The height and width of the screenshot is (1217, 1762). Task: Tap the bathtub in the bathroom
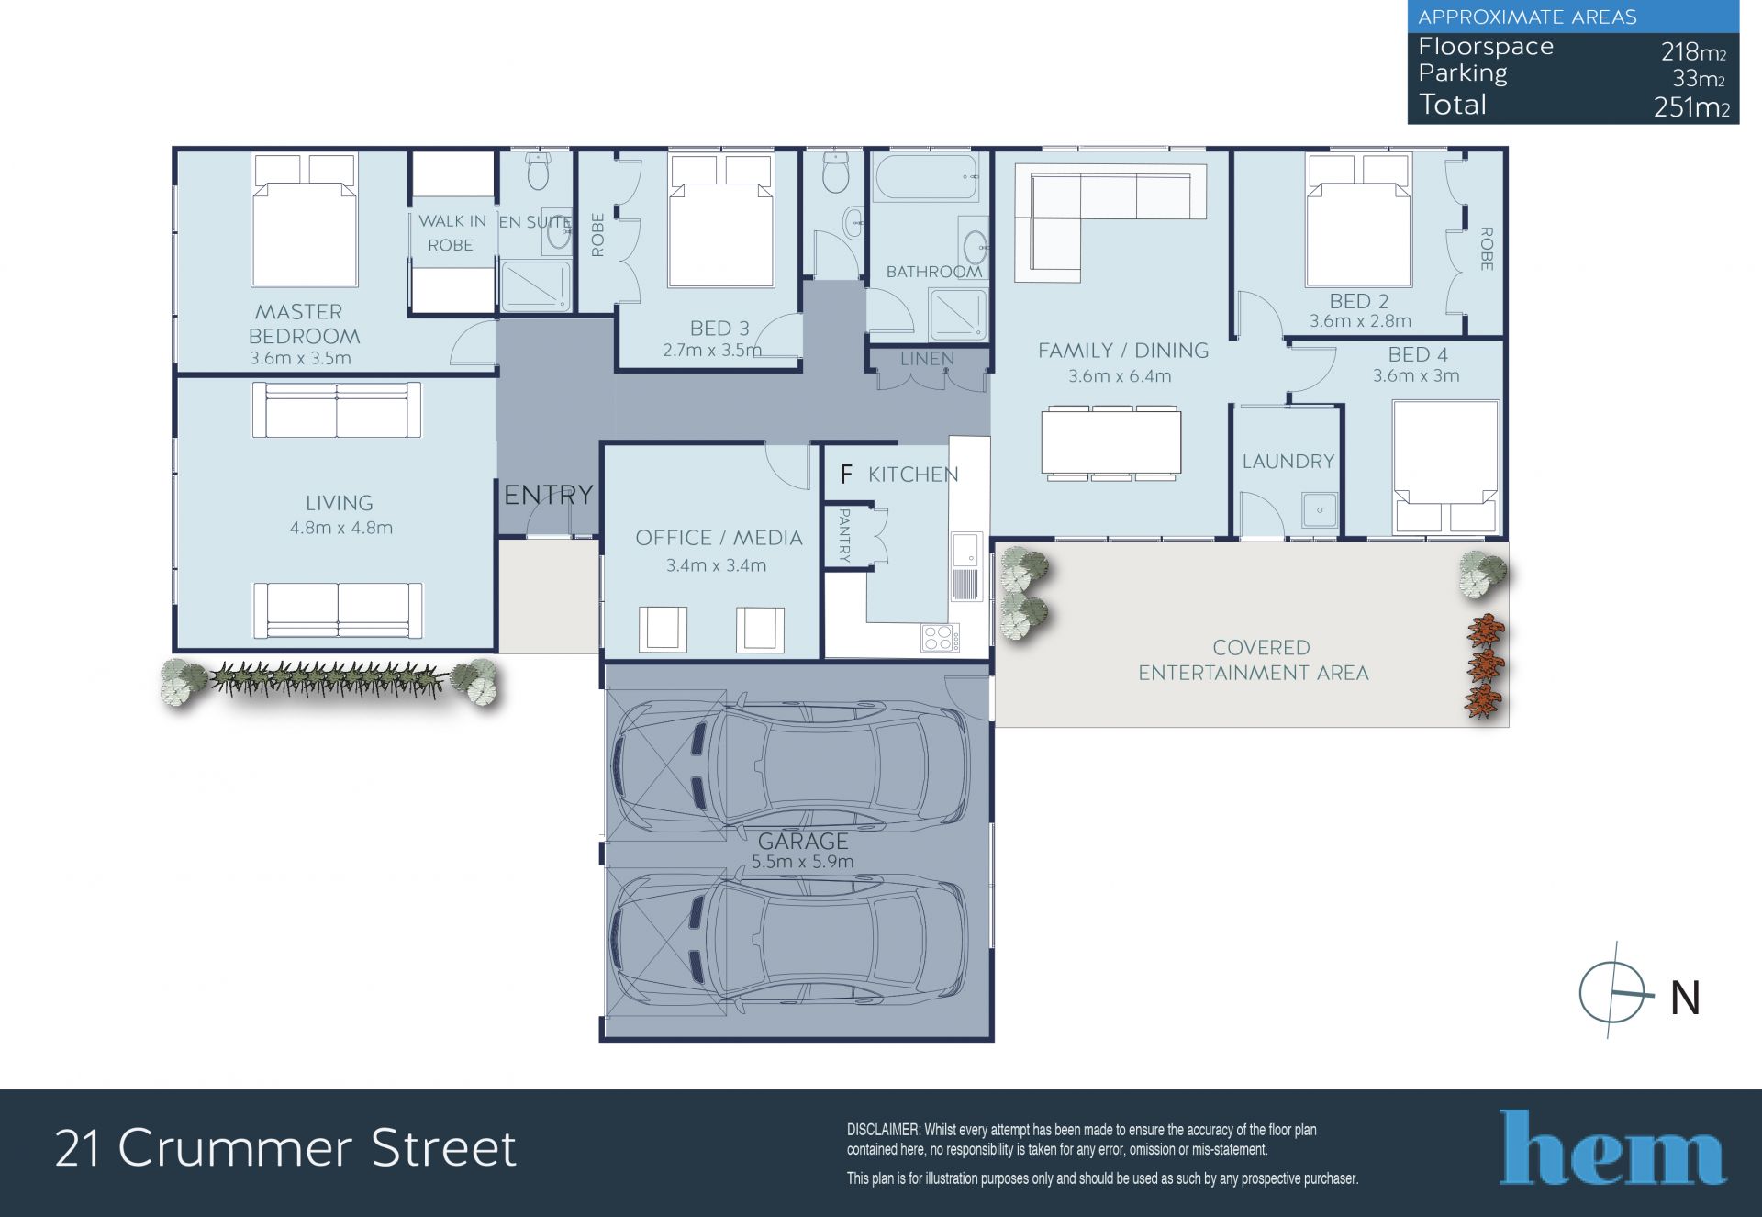click(924, 176)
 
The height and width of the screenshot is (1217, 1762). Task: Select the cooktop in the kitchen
click(940, 638)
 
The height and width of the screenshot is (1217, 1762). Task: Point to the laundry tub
click(1320, 510)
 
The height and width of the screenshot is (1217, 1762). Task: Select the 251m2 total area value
click(1690, 106)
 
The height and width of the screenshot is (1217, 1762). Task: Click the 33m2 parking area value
click(1698, 79)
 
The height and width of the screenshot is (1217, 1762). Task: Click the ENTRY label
click(549, 495)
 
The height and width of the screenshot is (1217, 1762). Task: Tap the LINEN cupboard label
click(927, 359)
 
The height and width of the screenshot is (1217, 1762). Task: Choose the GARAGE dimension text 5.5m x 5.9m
click(802, 862)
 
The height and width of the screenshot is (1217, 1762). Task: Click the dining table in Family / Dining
click(1110, 443)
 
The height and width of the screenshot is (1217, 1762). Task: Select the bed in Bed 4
click(1445, 466)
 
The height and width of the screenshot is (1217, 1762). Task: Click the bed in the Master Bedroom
click(304, 220)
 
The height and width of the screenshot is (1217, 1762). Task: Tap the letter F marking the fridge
click(846, 475)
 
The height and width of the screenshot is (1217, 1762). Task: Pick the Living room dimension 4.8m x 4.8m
click(341, 528)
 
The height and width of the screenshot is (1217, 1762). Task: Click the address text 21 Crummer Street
click(285, 1148)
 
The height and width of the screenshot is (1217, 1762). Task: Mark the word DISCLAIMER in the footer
click(883, 1130)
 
